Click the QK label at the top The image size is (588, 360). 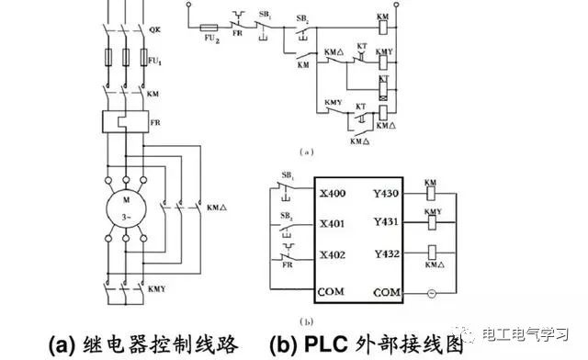coord(154,29)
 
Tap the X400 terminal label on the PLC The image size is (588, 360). coord(333,194)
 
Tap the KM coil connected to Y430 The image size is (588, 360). coord(430,195)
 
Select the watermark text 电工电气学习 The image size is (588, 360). coord(532,334)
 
